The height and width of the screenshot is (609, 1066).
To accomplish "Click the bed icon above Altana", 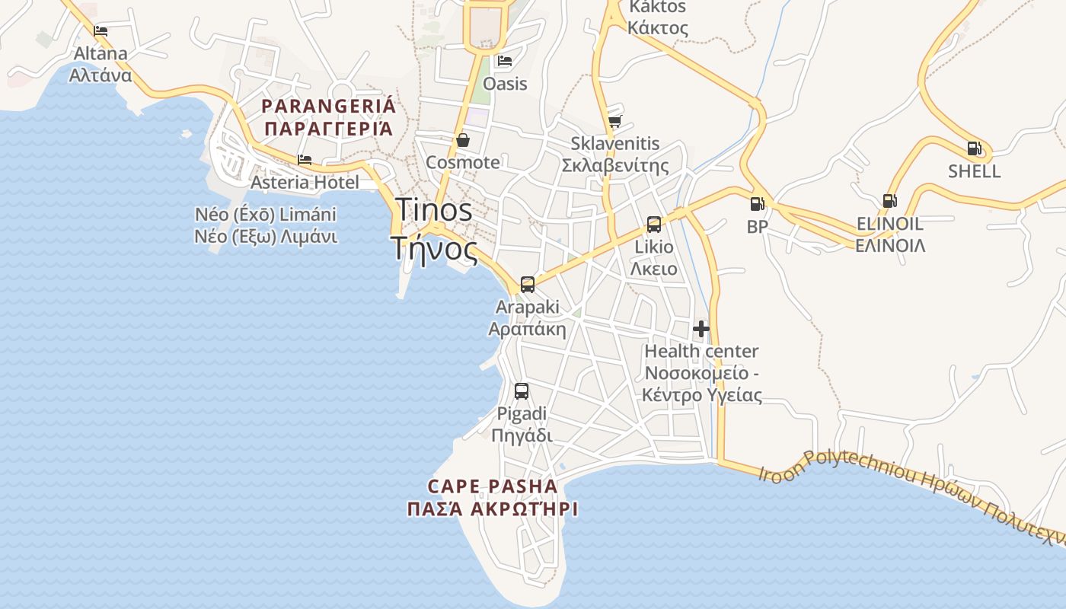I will (101, 31).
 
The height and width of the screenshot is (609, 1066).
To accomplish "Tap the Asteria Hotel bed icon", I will (305, 160).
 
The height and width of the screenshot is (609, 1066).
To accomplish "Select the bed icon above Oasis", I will (504, 61).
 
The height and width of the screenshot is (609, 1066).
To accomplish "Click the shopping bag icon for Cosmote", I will (462, 140).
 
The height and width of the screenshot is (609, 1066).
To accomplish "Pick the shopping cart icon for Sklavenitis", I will (614, 121).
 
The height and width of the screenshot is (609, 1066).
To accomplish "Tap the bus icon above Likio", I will (653, 224).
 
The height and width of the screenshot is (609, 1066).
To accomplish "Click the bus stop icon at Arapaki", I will (527, 285).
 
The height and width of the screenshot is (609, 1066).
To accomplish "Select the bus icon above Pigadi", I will (522, 391).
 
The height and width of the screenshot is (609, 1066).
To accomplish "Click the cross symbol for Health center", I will (701, 329).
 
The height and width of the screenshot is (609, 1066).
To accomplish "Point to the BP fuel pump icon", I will (757, 204).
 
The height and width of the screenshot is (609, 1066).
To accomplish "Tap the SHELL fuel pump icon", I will (974, 148).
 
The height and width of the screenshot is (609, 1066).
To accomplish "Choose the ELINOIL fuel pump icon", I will (889, 201).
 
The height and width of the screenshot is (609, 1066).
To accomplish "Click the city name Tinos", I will (433, 210).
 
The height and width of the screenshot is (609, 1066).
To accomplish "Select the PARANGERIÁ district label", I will (329, 106).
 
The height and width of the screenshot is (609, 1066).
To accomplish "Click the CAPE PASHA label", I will (492, 486).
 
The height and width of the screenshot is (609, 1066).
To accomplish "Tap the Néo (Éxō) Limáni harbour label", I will (266, 214).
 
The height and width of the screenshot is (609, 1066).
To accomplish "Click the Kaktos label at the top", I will (657, 8).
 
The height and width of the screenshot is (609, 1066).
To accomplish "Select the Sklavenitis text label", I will (615, 144).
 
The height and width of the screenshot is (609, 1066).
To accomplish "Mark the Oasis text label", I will (505, 83).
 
